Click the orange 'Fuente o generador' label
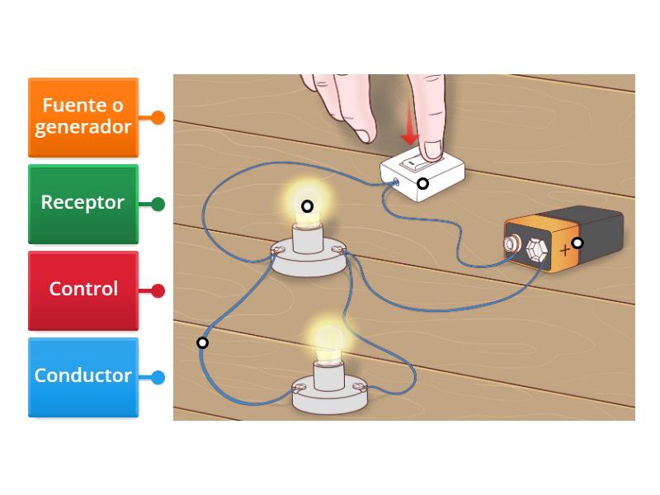point(83,117)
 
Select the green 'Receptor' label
point(83,203)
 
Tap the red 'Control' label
point(83,290)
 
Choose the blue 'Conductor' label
point(83,376)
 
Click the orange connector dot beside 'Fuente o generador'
point(158,118)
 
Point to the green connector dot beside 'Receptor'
point(158,204)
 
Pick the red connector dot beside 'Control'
point(158,290)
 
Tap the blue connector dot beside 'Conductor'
point(158,377)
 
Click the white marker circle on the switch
point(422,183)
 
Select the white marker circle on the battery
point(577,243)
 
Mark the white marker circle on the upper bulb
point(307,206)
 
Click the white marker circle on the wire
point(202,342)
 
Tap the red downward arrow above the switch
point(409,131)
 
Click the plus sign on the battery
point(565,248)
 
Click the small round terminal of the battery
point(512,244)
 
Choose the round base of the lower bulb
point(328,394)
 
